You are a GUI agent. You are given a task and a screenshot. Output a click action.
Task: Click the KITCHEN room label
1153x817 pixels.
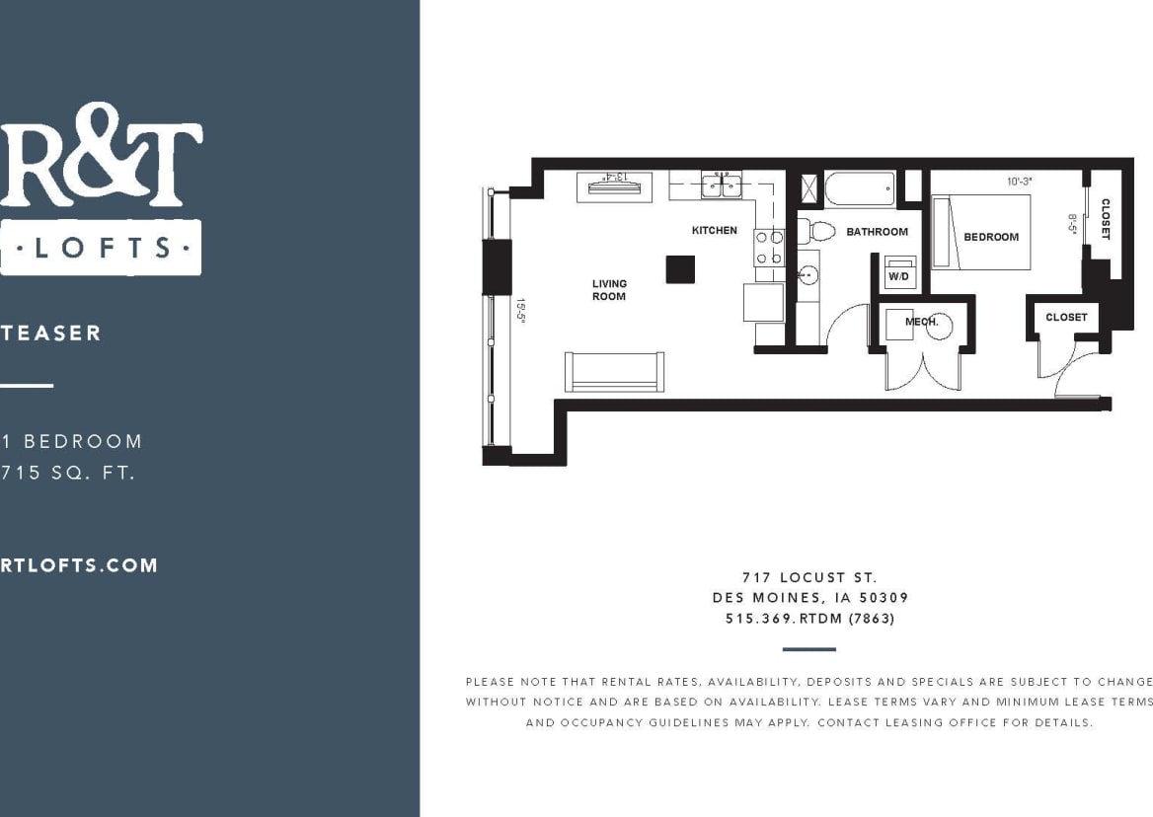coord(714,230)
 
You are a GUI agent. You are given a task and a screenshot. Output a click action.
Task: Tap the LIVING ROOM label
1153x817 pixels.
coord(609,290)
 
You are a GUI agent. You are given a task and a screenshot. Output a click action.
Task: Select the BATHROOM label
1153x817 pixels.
coord(877,232)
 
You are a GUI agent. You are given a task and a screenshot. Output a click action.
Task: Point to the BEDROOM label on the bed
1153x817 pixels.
coord(991,237)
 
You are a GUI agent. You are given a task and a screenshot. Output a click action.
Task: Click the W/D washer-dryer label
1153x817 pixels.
coord(898,277)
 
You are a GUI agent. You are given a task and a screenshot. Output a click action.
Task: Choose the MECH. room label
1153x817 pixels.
coord(922,322)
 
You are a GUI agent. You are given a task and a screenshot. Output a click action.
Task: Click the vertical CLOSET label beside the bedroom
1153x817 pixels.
coord(1105,219)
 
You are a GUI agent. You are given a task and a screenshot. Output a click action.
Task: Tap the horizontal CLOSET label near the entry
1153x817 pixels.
coord(1066,317)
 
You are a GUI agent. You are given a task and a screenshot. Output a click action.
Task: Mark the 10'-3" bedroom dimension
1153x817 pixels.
coord(1020,182)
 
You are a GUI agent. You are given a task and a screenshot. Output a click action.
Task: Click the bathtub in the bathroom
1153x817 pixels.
coord(859,188)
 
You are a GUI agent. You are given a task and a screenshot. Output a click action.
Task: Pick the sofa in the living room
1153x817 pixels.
coord(613,371)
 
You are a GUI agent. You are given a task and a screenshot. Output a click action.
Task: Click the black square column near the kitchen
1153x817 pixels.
coord(680,269)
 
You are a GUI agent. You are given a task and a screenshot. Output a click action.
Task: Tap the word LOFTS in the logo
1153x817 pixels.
coord(101,247)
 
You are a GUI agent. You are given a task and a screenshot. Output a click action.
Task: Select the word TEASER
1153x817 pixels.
coord(51,333)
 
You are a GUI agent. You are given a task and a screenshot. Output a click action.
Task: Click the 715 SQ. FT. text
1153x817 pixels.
coord(68,472)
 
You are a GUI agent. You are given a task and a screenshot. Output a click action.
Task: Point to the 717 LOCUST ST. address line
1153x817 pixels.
coord(809,577)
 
